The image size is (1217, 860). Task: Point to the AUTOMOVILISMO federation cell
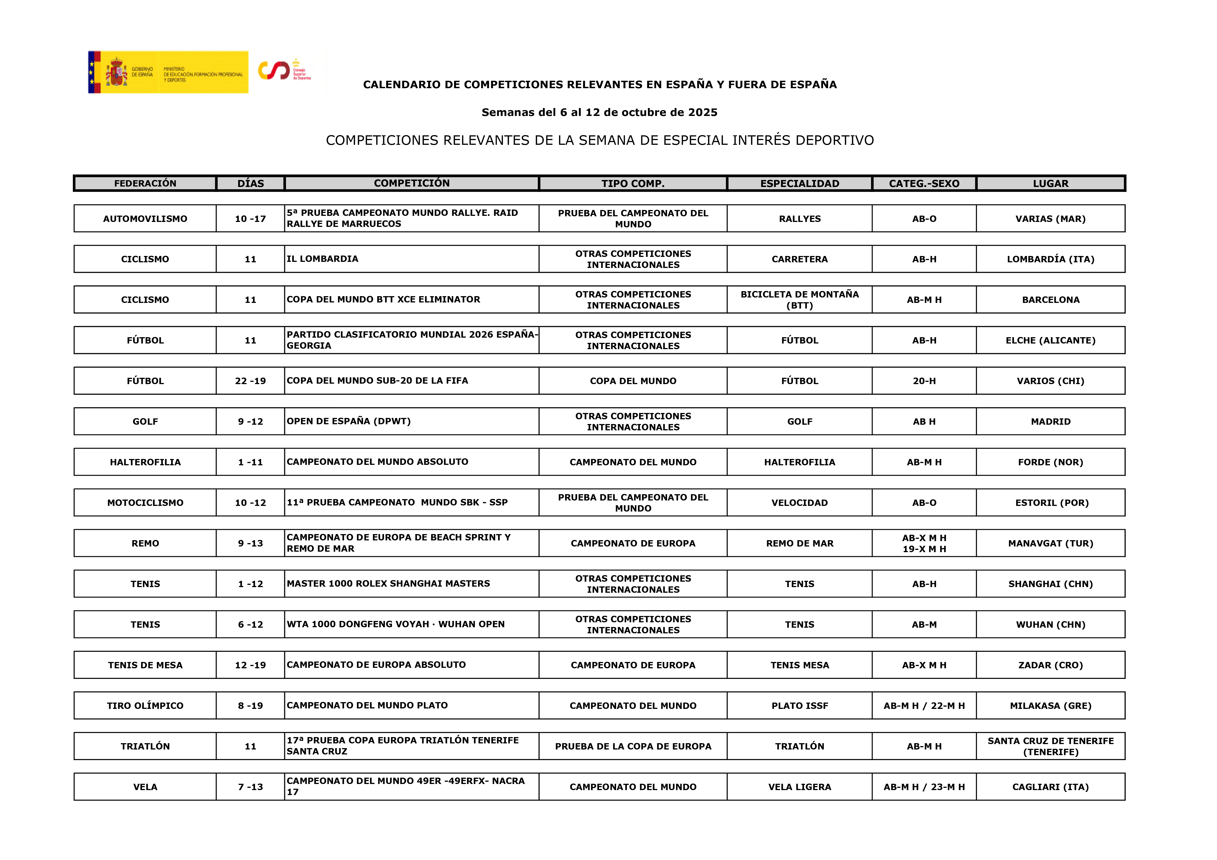point(145,219)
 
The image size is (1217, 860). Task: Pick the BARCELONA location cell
point(1051,300)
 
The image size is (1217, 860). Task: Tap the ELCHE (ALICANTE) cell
point(1051,340)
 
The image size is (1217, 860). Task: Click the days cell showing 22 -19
point(250,381)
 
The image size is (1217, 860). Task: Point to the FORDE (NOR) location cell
point(1051,462)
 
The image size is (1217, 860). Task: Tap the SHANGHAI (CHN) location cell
point(1051,584)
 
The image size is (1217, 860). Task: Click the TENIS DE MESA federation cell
point(145,665)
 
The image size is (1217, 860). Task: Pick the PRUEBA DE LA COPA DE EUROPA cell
point(633,746)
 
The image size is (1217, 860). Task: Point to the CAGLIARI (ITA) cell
point(1051,787)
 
